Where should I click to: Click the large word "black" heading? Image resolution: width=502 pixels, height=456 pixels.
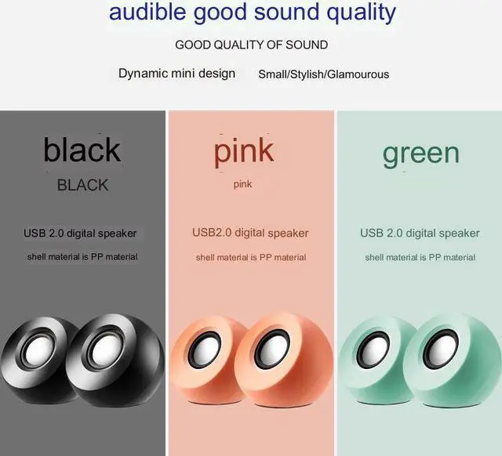pyautogui.click(x=82, y=150)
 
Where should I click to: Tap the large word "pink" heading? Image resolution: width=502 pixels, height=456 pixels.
pyautogui.click(x=244, y=150)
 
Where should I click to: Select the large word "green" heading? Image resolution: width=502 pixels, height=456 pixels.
pyautogui.click(x=420, y=153)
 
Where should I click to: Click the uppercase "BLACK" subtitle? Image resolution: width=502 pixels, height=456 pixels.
pyautogui.click(x=82, y=185)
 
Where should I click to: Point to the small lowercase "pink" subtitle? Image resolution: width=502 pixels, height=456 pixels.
pyautogui.click(x=243, y=185)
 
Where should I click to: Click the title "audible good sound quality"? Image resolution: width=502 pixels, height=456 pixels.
pyautogui.click(x=252, y=13)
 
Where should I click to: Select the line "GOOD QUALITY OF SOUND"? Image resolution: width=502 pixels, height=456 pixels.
pyautogui.click(x=251, y=45)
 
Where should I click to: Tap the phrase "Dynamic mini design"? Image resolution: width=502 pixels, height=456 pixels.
pyautogui.click(x=176, y=73)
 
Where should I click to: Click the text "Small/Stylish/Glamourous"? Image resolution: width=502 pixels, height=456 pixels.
pyautogui.click(x=323, y=74)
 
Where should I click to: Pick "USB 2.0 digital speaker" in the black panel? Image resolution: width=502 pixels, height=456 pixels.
pyautogui.click(x=80, y=233)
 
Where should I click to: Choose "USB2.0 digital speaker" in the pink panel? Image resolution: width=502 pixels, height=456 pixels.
pyautogui.click(x=250, y=233)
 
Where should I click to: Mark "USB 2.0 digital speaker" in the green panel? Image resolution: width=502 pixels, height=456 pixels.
pyautogui.click(x=420, y=233)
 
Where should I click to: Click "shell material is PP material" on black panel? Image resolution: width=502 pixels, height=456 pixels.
pyautogui.click(x=82, y=257)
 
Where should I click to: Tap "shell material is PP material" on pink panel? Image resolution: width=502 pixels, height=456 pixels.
pyautogui.click(x=251, y=257)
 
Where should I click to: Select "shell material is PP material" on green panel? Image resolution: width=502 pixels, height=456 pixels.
pyautogui.click(x=420, y=257)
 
